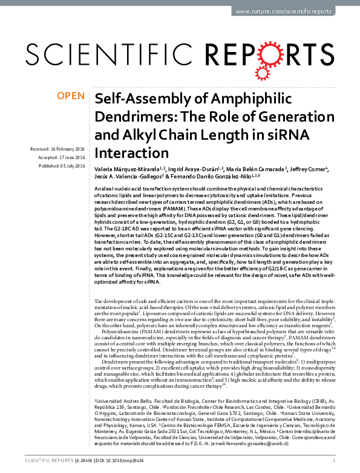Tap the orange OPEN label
[x=70, y=96]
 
